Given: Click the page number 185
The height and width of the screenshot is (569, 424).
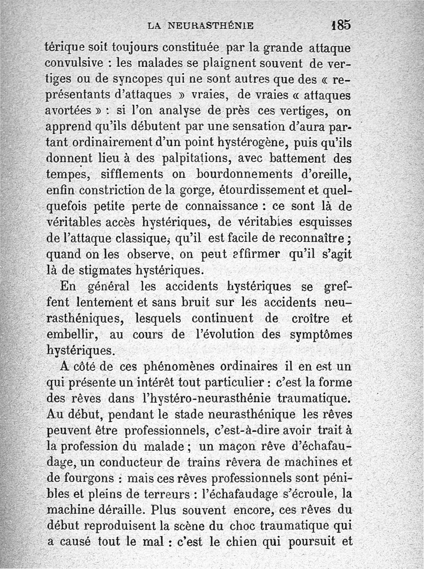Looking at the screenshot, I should pyautogui.click(x=340, y=24).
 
